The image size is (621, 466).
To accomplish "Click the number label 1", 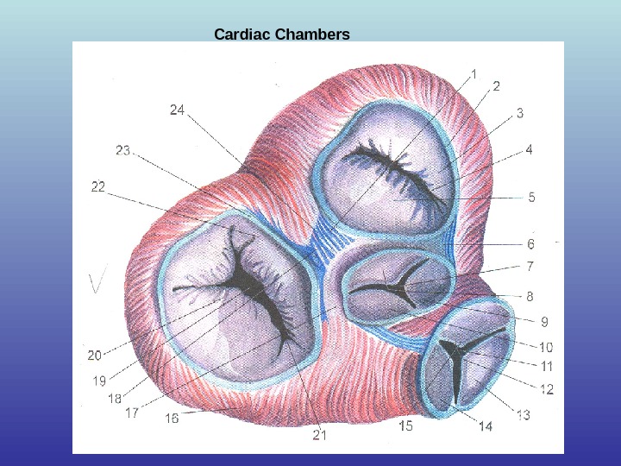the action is (474, 73).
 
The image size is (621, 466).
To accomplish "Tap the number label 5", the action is (531, 197).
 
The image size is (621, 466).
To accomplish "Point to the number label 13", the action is (524, 416).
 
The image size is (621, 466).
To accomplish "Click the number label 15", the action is (406, 425).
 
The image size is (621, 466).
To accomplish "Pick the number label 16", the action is (172, 418).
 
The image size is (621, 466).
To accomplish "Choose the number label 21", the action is (320, 434).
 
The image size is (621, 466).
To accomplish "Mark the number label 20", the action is (94, 353).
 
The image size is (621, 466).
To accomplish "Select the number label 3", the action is (520, 112).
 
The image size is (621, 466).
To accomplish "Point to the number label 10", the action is (546, 348).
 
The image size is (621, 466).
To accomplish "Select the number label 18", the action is (114, 398).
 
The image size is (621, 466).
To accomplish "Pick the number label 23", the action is (122, 151).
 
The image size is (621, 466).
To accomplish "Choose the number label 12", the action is (547, 389).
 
